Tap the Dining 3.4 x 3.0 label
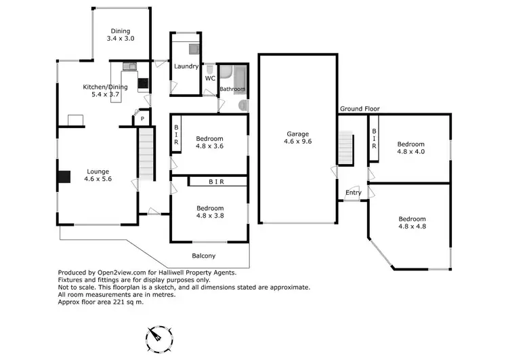point(121,35)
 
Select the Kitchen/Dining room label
point(100,91)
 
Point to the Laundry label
point(186,66)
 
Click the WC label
point(210,78)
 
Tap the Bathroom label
point(232,89)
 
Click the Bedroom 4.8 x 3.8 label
point(209,212)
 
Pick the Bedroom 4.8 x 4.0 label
point(410,148)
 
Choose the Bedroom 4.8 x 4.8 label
point(412,223)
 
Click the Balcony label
point(202,256)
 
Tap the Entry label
point(353,193)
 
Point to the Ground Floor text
point(360,108)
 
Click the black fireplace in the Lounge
point(63,176)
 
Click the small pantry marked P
point(142,119)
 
